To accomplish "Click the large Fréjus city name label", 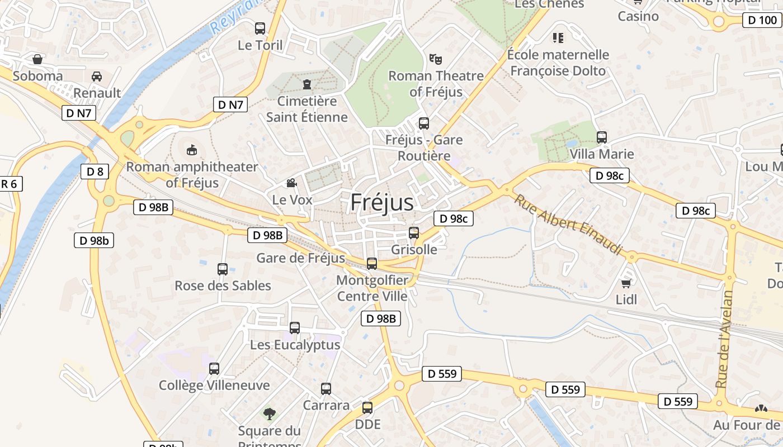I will coord(382,202).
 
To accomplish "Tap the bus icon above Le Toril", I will coord(260,28).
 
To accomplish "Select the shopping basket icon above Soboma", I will coord(37,59).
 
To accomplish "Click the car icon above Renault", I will coord(97,77).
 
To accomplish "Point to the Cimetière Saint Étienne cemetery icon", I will coord(306,84).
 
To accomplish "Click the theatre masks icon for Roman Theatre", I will coord(436,59).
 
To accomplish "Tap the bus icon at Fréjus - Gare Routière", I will coord(424,123).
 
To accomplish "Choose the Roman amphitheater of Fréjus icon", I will coord(192,150).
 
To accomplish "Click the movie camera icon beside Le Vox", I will coord(291,183).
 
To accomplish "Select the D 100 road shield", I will coord(762,21).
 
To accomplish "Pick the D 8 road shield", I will coord(95,172).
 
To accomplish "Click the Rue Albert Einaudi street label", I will coord(568,225).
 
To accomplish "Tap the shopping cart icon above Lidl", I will coord(626,283).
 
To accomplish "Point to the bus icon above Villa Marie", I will coord(602,137).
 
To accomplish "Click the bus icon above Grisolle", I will coord(414,233).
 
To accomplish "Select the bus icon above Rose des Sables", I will coord(223,269).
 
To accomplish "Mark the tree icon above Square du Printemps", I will coord(270,414).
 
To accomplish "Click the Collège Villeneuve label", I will coord(214,386).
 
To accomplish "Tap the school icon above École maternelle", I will coord(558,38).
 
